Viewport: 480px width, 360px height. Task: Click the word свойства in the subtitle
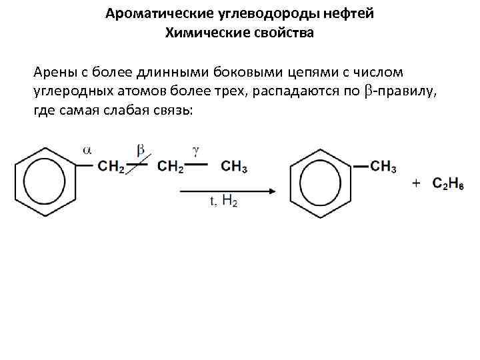[283, 32]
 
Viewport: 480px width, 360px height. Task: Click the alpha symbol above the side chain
[87, 150]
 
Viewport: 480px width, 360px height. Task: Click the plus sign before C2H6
[416, 183]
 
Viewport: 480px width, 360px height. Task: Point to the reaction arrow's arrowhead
[271, 191]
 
